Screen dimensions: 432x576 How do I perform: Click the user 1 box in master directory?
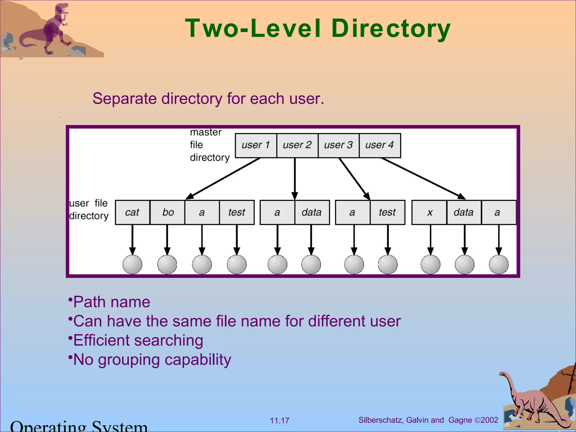[x=256, y=145]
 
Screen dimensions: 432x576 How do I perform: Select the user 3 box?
[x=338, y=145]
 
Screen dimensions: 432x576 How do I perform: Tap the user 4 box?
[x=380, y=145]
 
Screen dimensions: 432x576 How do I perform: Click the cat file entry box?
[x=132, y=212]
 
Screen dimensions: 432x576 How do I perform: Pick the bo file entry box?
[x=168, y=212]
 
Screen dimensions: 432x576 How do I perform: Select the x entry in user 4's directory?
[x=429, y=212]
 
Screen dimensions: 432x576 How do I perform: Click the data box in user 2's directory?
[x=312, y=212]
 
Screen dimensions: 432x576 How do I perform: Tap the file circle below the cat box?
[x=132, y=264]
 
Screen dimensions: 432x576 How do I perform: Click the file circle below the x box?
[x=430, y=264]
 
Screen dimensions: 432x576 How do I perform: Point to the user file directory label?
[x=89, y=210]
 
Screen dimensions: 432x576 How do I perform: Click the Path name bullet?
[x=111, y=302]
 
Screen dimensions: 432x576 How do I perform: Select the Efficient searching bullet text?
[x=138, y=340]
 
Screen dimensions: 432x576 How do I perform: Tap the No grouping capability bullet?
[x=152, y=359]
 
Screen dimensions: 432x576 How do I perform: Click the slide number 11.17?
[x=279, y=421]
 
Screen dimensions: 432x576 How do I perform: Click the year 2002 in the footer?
[x=489, y=420]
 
